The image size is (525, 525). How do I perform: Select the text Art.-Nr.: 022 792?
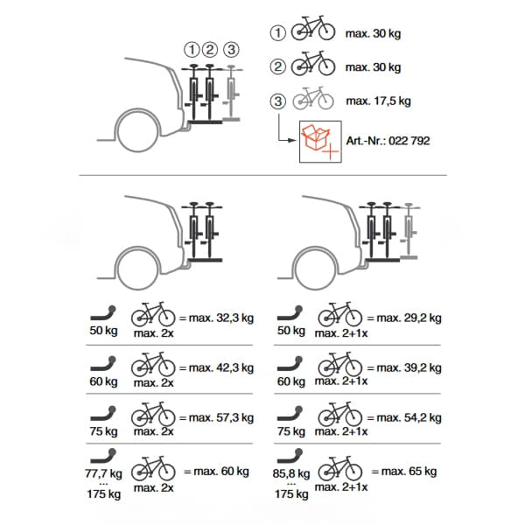click(389, 140)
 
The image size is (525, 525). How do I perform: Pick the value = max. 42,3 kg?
click(215, 367)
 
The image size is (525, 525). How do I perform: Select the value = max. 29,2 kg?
click(404, 318)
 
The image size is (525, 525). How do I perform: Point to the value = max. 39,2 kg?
click(404, 367)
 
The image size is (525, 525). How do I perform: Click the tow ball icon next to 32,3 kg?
click(105, 312)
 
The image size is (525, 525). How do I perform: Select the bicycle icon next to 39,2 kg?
click(339, 362)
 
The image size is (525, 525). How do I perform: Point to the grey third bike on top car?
click(232, 92)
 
